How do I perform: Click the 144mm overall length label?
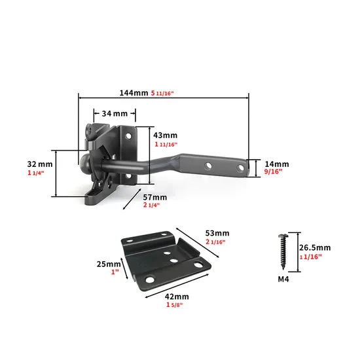[x=134, y=94]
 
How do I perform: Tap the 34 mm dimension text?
[x=115, y=113]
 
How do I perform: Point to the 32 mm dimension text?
[x=40, y=164]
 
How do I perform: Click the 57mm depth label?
[x=155, y=196]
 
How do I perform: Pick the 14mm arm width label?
[x=277, y=164]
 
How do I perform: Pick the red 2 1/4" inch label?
[x=151, y=206]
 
